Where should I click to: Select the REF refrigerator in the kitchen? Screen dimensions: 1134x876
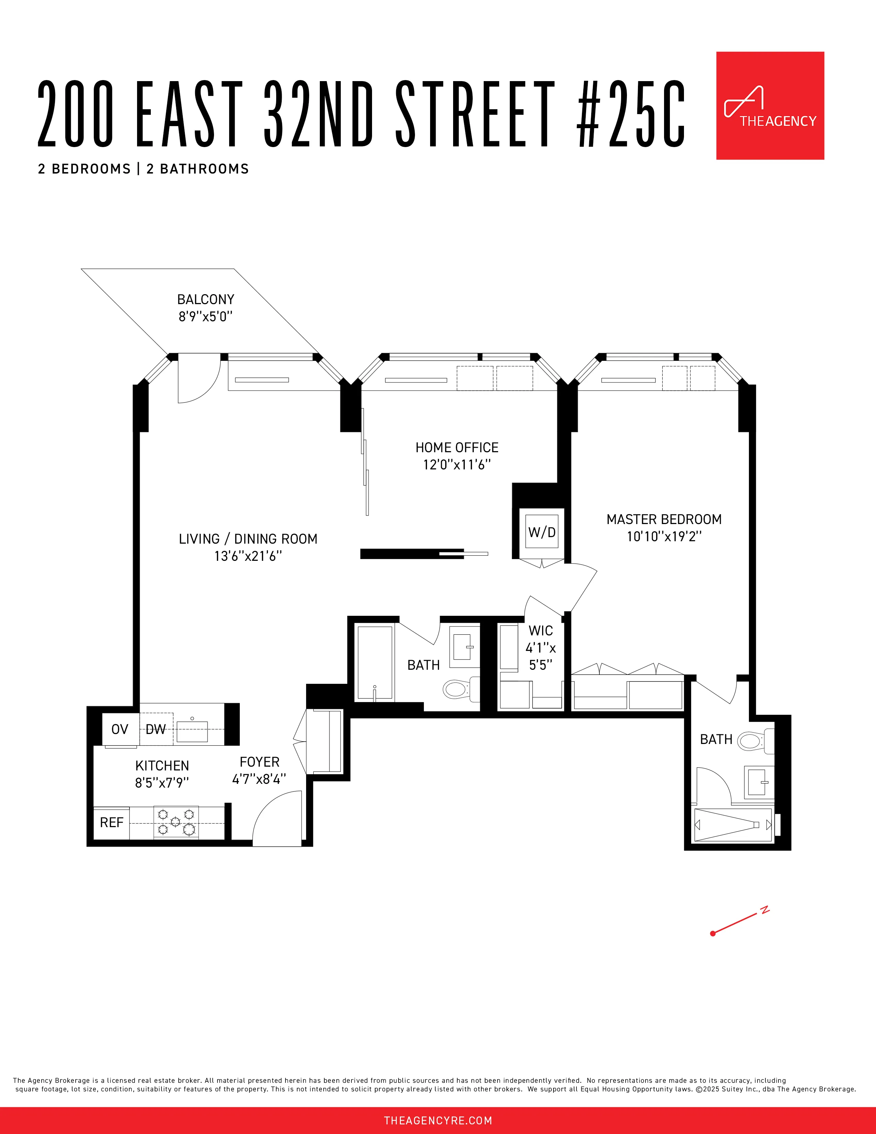[112, 822]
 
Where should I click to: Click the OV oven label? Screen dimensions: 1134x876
[119, 730]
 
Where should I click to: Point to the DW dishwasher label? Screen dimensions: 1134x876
[155, 730]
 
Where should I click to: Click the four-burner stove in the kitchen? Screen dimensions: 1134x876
[176, 822]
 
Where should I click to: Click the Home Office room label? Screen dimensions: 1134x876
[457, 447]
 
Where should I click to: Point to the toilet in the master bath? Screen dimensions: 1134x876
[751, 741]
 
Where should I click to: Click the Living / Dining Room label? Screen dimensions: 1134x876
[248, 539]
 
